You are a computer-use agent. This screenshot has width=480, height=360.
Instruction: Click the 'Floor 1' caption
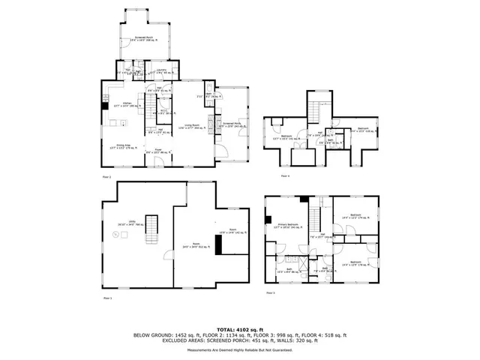pos(106,298)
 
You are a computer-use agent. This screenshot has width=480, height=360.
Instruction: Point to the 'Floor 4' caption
pos(284,175)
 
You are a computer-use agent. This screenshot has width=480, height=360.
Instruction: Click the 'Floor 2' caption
pos(106,177)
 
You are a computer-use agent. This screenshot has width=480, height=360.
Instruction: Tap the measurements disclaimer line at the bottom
pos(239,349)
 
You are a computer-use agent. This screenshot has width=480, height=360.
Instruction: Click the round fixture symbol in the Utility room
pos(115,235)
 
